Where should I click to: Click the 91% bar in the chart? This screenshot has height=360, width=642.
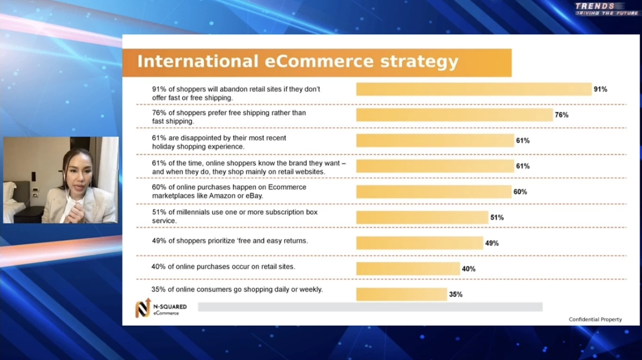tap(473, 89)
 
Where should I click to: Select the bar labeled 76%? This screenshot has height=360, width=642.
tap(454, 115)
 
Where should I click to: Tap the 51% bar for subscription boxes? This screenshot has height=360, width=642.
tap(422, 218)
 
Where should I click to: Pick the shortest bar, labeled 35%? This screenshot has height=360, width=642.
tap(401, 294)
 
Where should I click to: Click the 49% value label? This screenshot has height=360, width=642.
tap(492, 243)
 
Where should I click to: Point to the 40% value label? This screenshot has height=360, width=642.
tap(468, 269)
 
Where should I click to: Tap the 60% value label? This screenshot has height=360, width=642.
tap(520, 192)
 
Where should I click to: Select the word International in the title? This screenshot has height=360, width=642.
tap(197, 62)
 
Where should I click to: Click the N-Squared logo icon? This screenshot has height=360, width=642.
tap(142, 308)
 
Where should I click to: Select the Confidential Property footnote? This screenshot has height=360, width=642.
tap(595, 320)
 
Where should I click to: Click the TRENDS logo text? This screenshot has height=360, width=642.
tap(595, 6)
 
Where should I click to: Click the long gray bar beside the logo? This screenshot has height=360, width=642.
tap(370, 307)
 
